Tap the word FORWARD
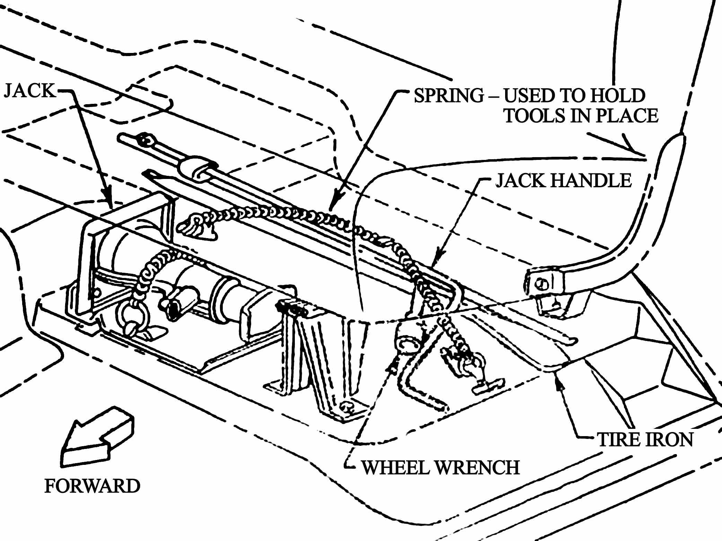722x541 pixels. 92,486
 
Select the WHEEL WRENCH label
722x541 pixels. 440,467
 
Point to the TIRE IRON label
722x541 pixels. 645,440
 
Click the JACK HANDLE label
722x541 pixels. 563,180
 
